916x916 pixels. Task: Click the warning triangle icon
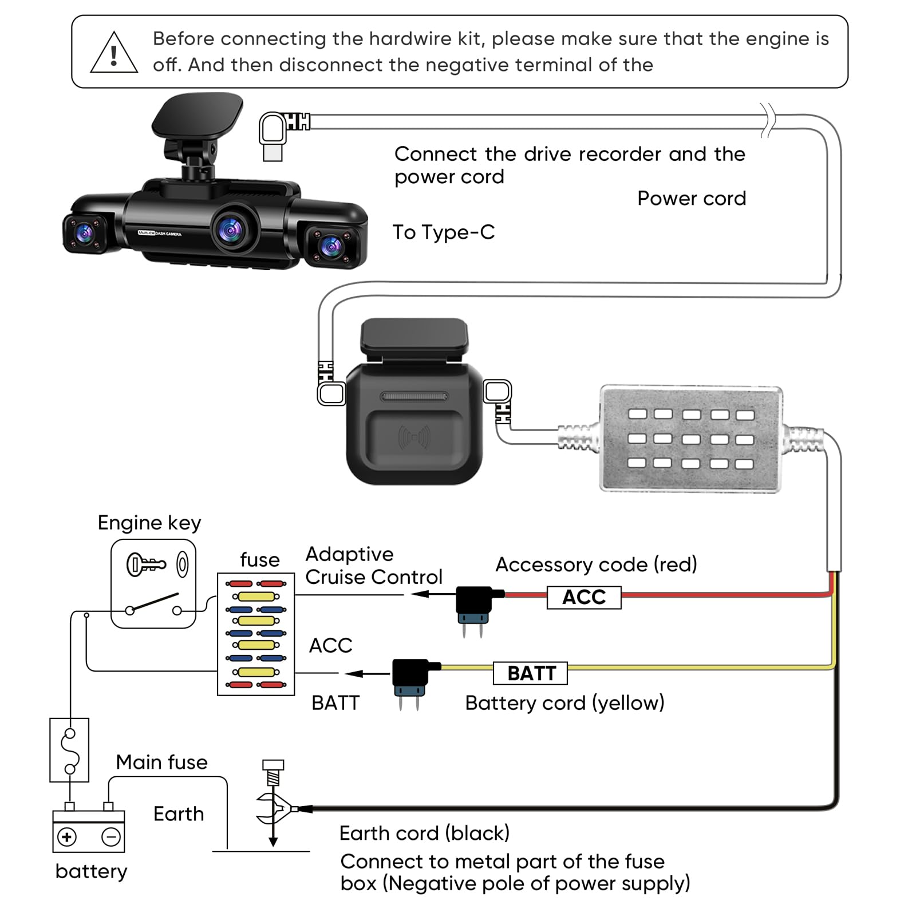(x=114, y=54)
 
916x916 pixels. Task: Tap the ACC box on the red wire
(x=584, y=597)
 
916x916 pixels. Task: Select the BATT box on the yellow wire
(x=531, y=673)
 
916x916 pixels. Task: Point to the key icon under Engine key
(x=145, y=564)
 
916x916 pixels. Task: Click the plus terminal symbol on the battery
(x=67, y=837)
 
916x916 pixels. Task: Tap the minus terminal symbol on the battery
(x=111, y=837)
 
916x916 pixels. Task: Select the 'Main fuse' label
(x=161, y=763)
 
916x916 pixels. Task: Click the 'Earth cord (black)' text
(x=424, y=833)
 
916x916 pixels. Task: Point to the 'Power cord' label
(x=692, y=199)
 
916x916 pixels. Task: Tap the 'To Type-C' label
(x=443, y=232)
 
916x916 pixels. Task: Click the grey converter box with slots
(x=691, y=439)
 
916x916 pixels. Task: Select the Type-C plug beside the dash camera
(x=273, y=135)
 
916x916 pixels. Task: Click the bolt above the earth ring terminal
(x=273, y=773)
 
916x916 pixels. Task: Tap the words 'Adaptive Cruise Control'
(x=373, y=566)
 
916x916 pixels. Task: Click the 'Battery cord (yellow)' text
(x=564, y=703)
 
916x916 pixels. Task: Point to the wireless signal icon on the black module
(x=414, y=438)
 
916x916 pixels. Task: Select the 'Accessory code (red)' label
(x=596, y=564)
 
